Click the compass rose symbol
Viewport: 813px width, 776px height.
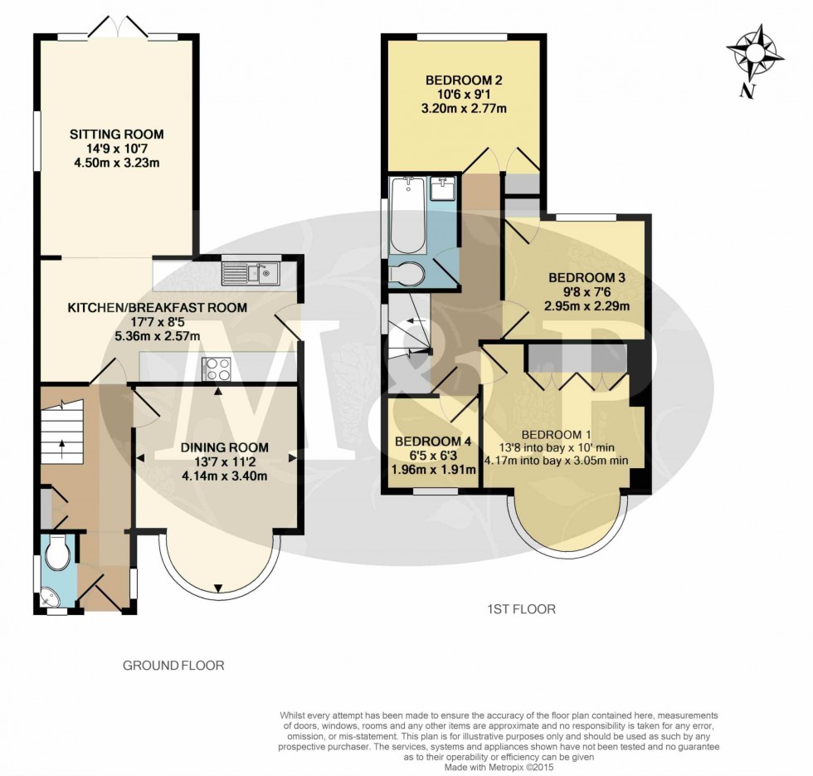tap(755, 55)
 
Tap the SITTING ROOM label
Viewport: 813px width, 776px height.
tap(116, 134)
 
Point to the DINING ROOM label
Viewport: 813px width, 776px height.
tap(214, 447)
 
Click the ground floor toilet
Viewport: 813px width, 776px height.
tap(58, 553)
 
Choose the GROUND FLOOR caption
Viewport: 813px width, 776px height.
tap(173, 666)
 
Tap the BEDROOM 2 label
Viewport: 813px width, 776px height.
tap(465, 81)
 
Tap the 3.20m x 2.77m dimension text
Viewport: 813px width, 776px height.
tap(465, 108)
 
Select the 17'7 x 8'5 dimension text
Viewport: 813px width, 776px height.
tap(158, 322)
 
